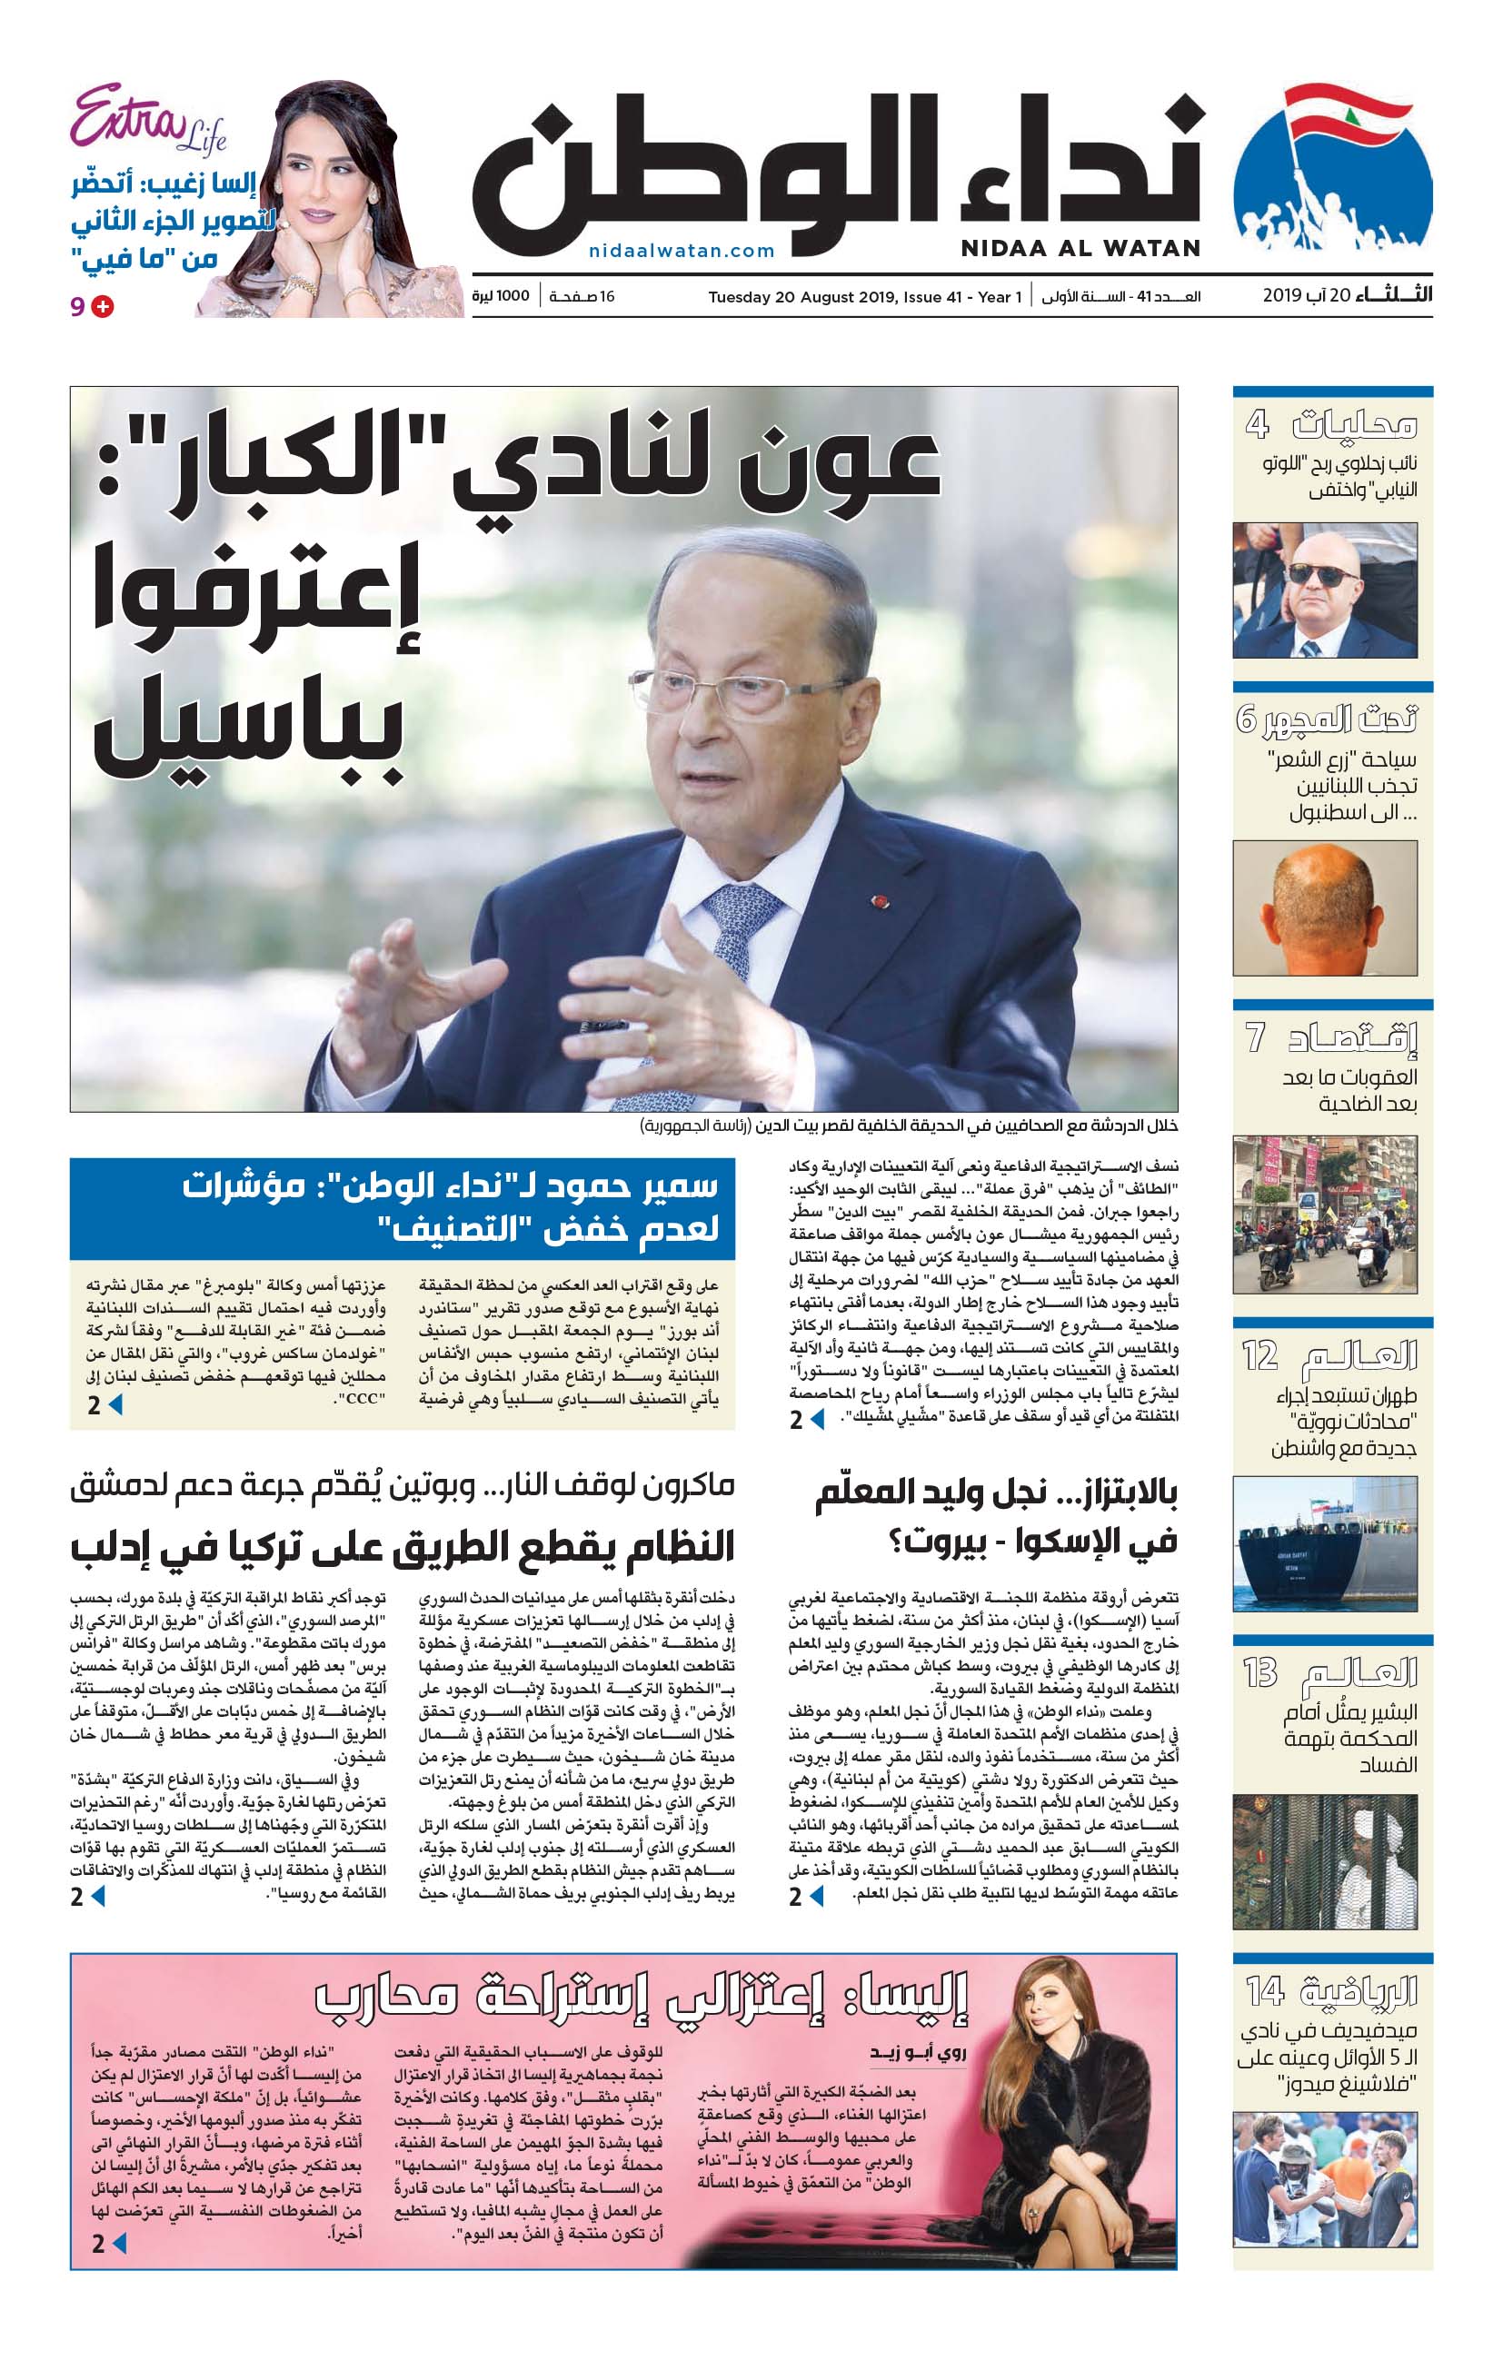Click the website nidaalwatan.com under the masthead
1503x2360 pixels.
[x=682, y=251]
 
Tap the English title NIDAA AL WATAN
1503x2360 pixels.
[x=1080, y=248]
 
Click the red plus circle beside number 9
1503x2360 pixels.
[x=102, y=307]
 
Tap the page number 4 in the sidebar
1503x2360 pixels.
[x=1257, y=425]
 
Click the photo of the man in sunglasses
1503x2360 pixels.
[x=1325, y=590]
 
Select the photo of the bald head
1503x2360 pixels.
[x=1325, y=907]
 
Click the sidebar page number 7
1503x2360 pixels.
[x=1255, y=1036]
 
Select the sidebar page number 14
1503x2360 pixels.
[x=1265, y=1991]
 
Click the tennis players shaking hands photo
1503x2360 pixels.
[x=1325, y=2178]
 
